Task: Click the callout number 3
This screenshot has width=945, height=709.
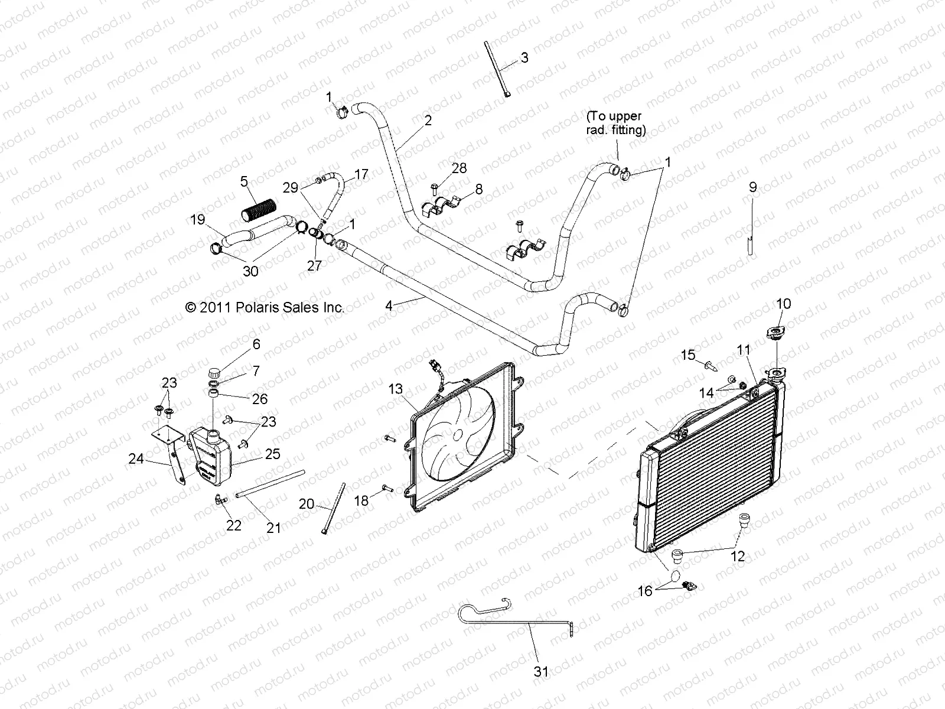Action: (524, 58)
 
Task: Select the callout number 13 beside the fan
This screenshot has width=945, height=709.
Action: (395, 389)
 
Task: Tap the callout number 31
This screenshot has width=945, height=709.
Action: (541, 671)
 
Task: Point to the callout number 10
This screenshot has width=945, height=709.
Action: (783, 304)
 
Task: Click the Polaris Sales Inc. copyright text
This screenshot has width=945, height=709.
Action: (264, 307)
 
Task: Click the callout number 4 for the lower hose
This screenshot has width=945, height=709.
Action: (388, 306)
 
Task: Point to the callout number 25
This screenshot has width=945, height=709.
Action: (272, 454)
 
